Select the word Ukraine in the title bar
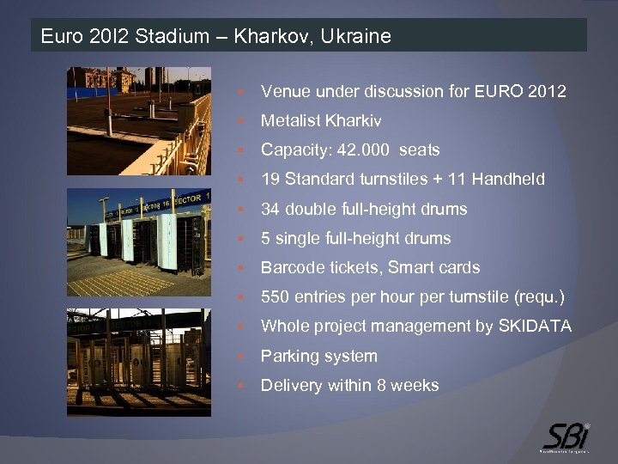[x=358, y=36]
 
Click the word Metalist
[x=289, y=120]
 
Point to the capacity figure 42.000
[x=365, y=150]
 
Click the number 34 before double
[x=270, y=209]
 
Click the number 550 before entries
[x=276, y=297]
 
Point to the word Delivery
[x=291, y=386]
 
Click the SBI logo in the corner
[x=565, y=434]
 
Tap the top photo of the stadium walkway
[x=139, y=121]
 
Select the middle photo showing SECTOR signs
[x=139, y=242]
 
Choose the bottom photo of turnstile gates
[x=139, y=362]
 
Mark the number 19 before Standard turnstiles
[x=270, y=180]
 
